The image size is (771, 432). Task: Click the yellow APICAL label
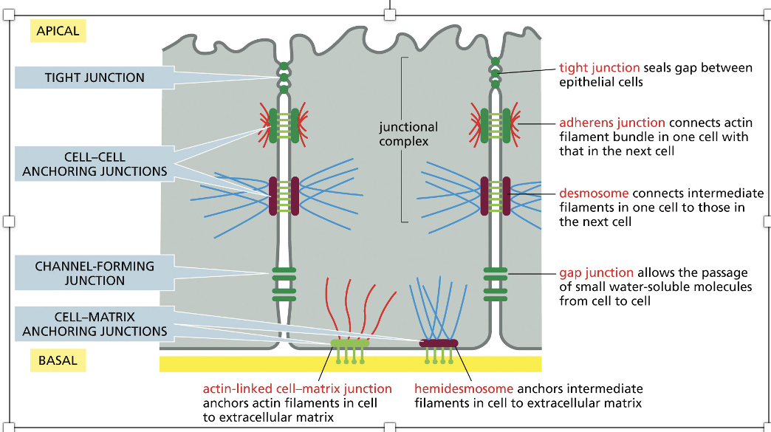(58, 31)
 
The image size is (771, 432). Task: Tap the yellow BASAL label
(58, 361)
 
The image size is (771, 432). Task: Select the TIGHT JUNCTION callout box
(95, 78)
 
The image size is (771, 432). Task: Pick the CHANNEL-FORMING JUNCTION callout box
(95, 273)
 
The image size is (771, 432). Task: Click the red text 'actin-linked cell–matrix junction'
(297, 388)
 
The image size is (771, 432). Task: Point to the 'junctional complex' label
(408, 134)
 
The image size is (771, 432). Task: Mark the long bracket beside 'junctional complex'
(402, 140)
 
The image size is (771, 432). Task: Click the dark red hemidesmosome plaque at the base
(439, 343)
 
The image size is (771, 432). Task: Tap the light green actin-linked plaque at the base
(349, 343)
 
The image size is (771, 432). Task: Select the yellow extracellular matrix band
(350, 364)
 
